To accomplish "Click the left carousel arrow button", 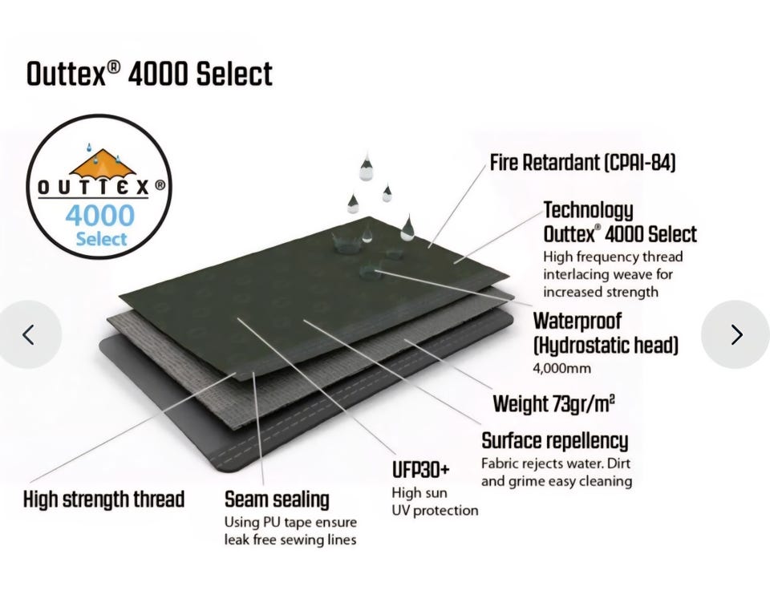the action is tap(30, 334).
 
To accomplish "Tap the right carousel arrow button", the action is tap(736, 334).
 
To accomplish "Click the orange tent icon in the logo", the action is tap(102, 163).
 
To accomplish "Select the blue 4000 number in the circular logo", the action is tap(99, 216).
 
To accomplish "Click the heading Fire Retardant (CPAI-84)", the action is tap(583, 163).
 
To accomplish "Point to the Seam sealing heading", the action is tap(277, 500).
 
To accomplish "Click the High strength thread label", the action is tap(104, 500).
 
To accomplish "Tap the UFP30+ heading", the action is tap(421, 470).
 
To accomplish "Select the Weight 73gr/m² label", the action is tap(554, 404).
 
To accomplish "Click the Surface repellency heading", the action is tap(555, 441).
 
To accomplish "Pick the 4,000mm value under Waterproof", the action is tap(561, 369).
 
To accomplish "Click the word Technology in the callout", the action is tap(588, 210).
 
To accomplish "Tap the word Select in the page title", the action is tap(234, 75).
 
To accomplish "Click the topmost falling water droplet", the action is tap(367, 166).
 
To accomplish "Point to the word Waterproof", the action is tap(577, 321).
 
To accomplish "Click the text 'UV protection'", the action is tap(435, 511).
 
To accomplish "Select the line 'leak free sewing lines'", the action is tap(290, 540).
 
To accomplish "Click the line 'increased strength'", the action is tap(601, 292).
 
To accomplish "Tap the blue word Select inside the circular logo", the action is tap(101, 239).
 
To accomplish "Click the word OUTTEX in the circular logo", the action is tap(93, 187).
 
